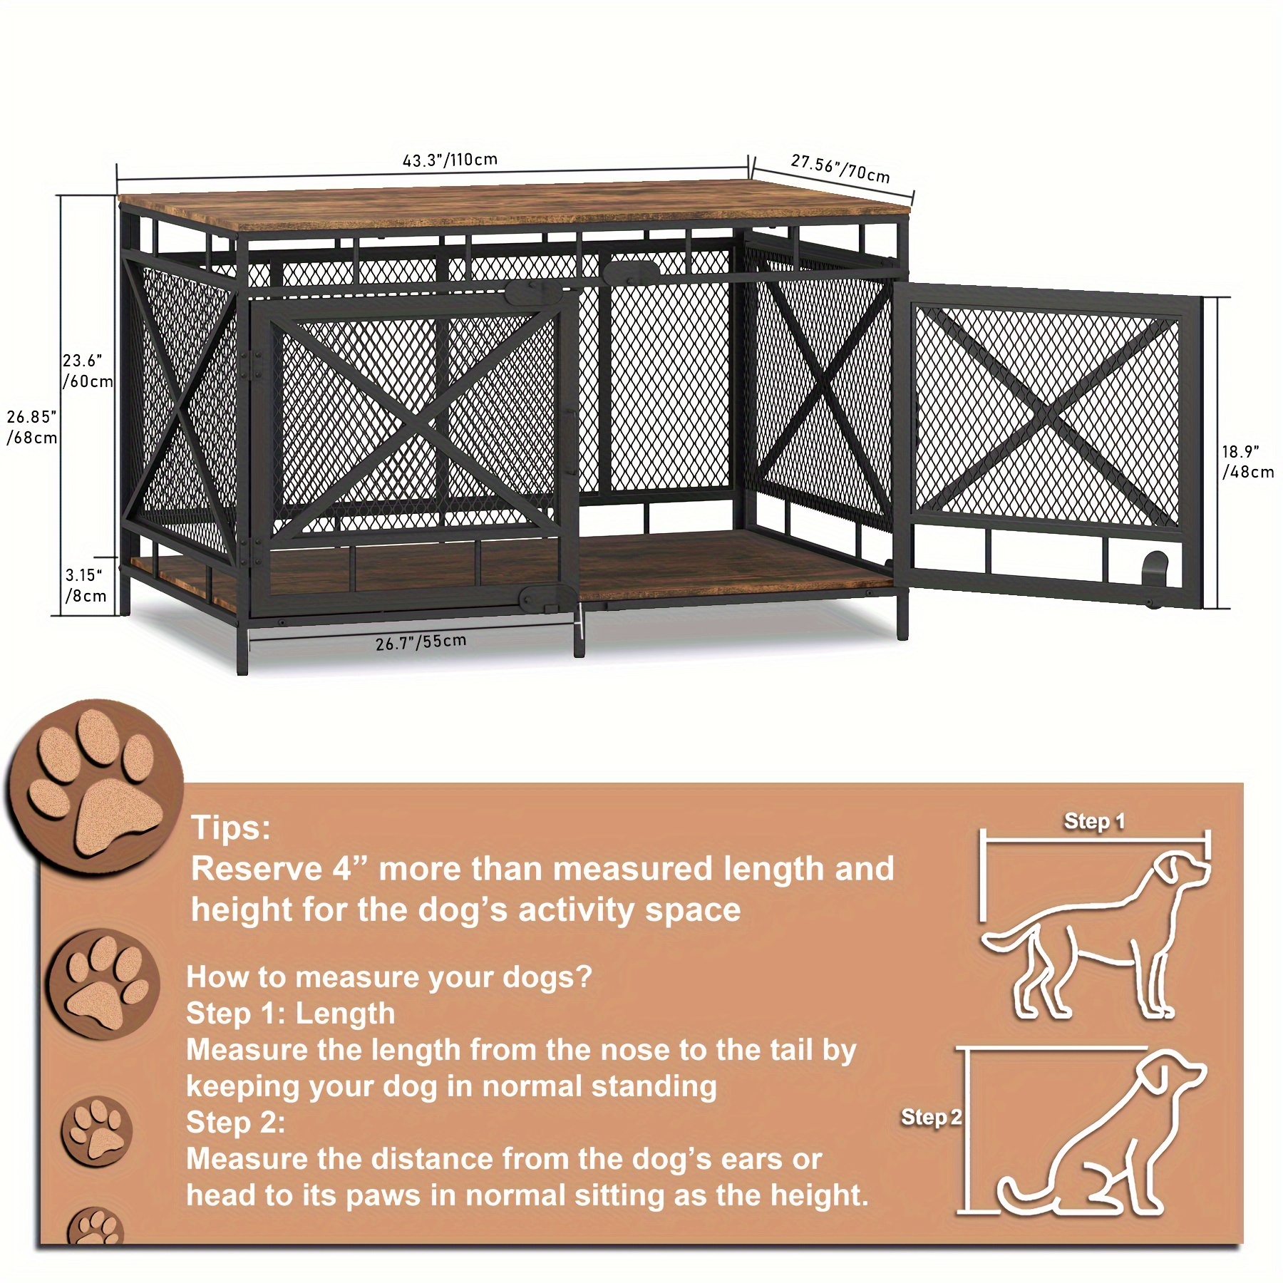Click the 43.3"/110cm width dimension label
(x=450, y=160)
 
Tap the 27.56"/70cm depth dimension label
(x=840, y=169)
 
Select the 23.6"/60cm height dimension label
(x=87, y=371)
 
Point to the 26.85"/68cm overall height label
(x=32, y=427)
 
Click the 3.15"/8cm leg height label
(x=86, y=585)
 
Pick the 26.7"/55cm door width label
(x=421, y=642)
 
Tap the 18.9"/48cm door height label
(x=1247, y=461)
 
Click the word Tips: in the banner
(x=231, y=828)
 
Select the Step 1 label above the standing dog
(x=1094, y=821)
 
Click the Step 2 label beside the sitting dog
(x=931, y=1117)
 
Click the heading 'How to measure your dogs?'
(x=389, y=977)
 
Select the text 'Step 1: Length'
(x=290, y=1013)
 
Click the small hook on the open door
(x=1155, y=567)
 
